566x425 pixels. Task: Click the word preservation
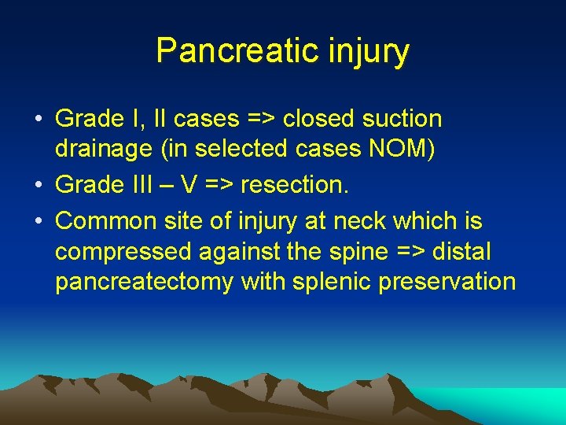pyautogui.click(x=447, y=282)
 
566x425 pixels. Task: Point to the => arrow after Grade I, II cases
pyautogui.click(x=262, y=119)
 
